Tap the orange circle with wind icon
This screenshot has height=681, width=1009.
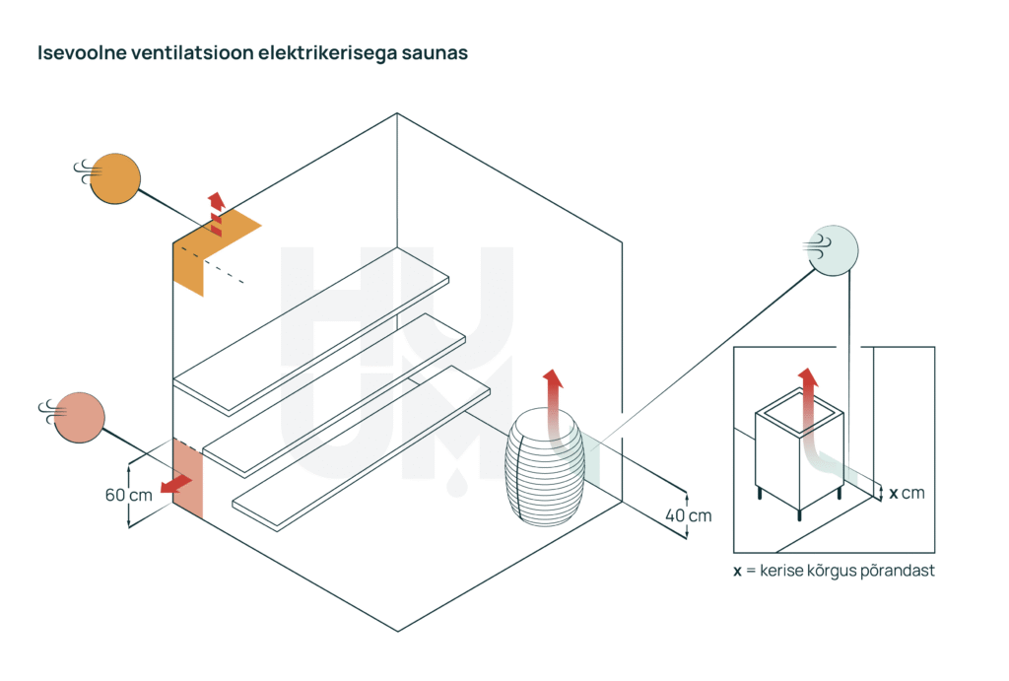tap(116, 178)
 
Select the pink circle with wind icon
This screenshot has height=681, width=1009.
tap(80, 417)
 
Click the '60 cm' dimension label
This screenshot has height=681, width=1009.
tap(128, 495)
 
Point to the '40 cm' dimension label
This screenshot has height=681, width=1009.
tap(688, 514)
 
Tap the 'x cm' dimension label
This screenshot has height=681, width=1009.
tap(907, 492)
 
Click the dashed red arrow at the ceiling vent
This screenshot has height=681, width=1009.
tap(216, 213)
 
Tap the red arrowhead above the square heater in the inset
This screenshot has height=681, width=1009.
tap(808, 377)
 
